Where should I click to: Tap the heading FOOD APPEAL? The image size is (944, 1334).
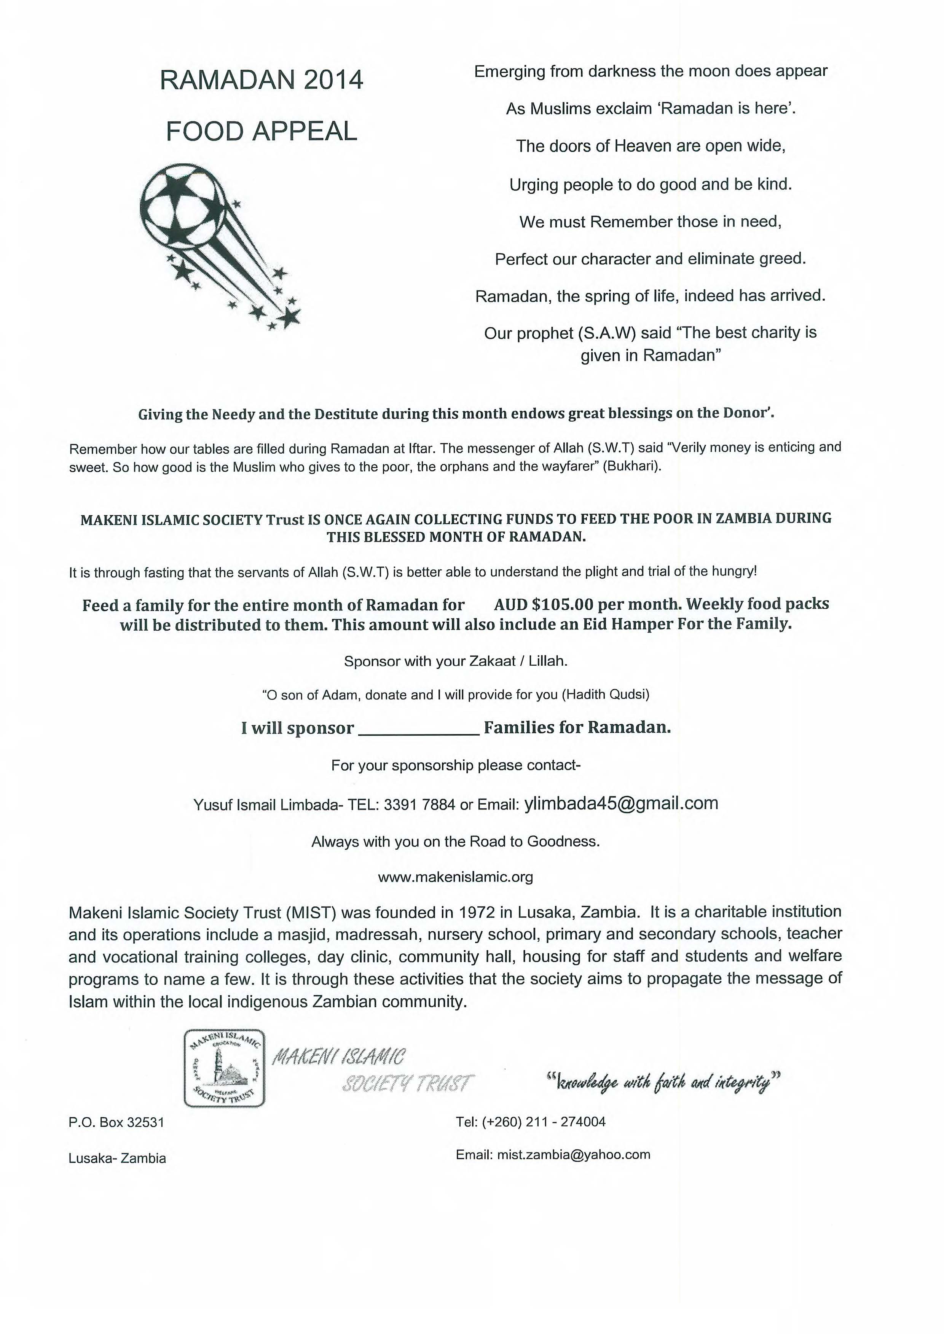click(261, 131)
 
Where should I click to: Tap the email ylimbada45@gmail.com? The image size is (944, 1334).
click(621, 803)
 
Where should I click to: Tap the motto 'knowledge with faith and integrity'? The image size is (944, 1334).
click(663, 1082)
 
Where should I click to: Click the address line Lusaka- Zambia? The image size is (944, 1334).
click(117, 1158)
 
